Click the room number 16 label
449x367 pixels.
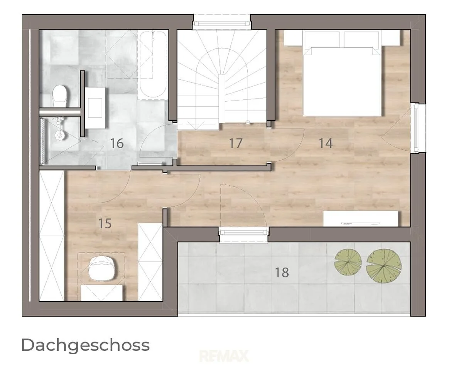click(117, 143)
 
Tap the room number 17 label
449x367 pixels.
click(236, 143)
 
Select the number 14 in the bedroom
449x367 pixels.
click(326, 143)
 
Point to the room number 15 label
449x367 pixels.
click(105, 223)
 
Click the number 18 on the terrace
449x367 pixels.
click(282, 272)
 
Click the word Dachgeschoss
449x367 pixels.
click(85, 345)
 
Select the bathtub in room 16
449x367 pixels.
click(152, 65)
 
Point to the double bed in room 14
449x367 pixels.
click(342, 74)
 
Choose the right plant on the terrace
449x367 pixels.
click(384, 266)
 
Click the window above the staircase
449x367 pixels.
click(222, 22)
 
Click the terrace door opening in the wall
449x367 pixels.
click(243, 235)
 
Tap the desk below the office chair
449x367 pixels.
click(103, 293)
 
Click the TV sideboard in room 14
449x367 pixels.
click(361, 219)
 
